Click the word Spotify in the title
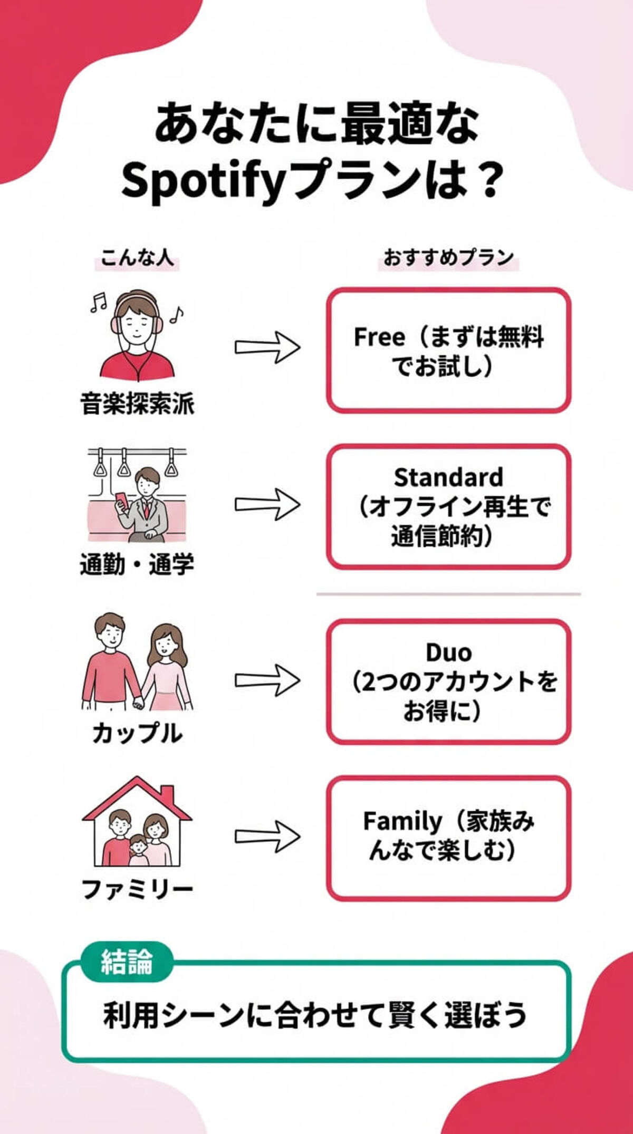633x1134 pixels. [x=203, y=182]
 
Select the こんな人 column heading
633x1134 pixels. [x=137, y=258]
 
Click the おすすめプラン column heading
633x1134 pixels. [x=448, y=258]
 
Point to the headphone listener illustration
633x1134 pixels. [x=137, y=335]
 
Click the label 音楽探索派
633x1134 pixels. [x=137, y=404]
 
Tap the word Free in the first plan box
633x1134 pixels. [x=379, y=338]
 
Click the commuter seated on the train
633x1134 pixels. [x=142, y=504]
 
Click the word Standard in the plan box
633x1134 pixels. [x=448, y=477]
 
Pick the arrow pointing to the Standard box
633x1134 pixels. [x=267, y=504]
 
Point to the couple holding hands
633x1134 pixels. [x=137, y=662]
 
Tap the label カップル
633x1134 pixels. [x=137, y=733]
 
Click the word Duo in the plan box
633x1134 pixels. [x=448, y=653]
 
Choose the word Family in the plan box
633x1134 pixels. [x=402, y=821]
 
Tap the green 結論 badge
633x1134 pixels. [x=127, y=962]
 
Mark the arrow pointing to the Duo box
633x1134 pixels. [x=267, y=680]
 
